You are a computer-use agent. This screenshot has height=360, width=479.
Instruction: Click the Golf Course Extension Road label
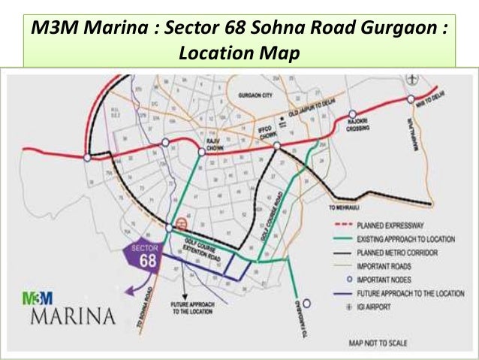pyautogui.click(x=205, y=247)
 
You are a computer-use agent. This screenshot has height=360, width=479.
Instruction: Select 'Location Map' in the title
pyautogui.click(x=239, y=53)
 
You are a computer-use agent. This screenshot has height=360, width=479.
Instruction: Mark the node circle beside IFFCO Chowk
pyautogui.click(x=276, y=147)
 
